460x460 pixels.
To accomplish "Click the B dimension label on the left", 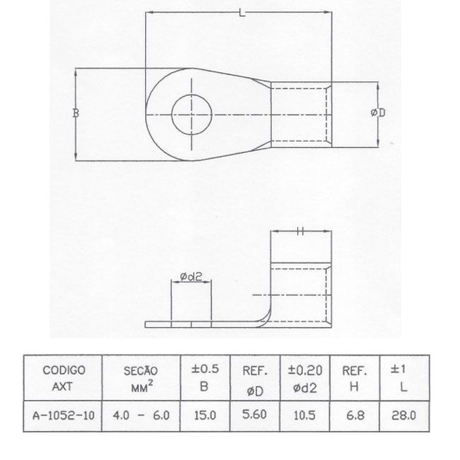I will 76,113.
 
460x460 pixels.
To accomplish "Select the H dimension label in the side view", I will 301,231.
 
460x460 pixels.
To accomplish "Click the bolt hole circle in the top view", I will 192,113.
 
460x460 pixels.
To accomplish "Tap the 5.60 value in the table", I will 255,415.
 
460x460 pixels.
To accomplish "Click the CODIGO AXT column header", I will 64,378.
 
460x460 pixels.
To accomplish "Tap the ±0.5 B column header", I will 206,378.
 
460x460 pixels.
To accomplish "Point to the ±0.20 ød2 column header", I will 304,378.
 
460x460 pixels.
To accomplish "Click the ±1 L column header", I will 403,378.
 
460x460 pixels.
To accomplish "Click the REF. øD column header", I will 255,378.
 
